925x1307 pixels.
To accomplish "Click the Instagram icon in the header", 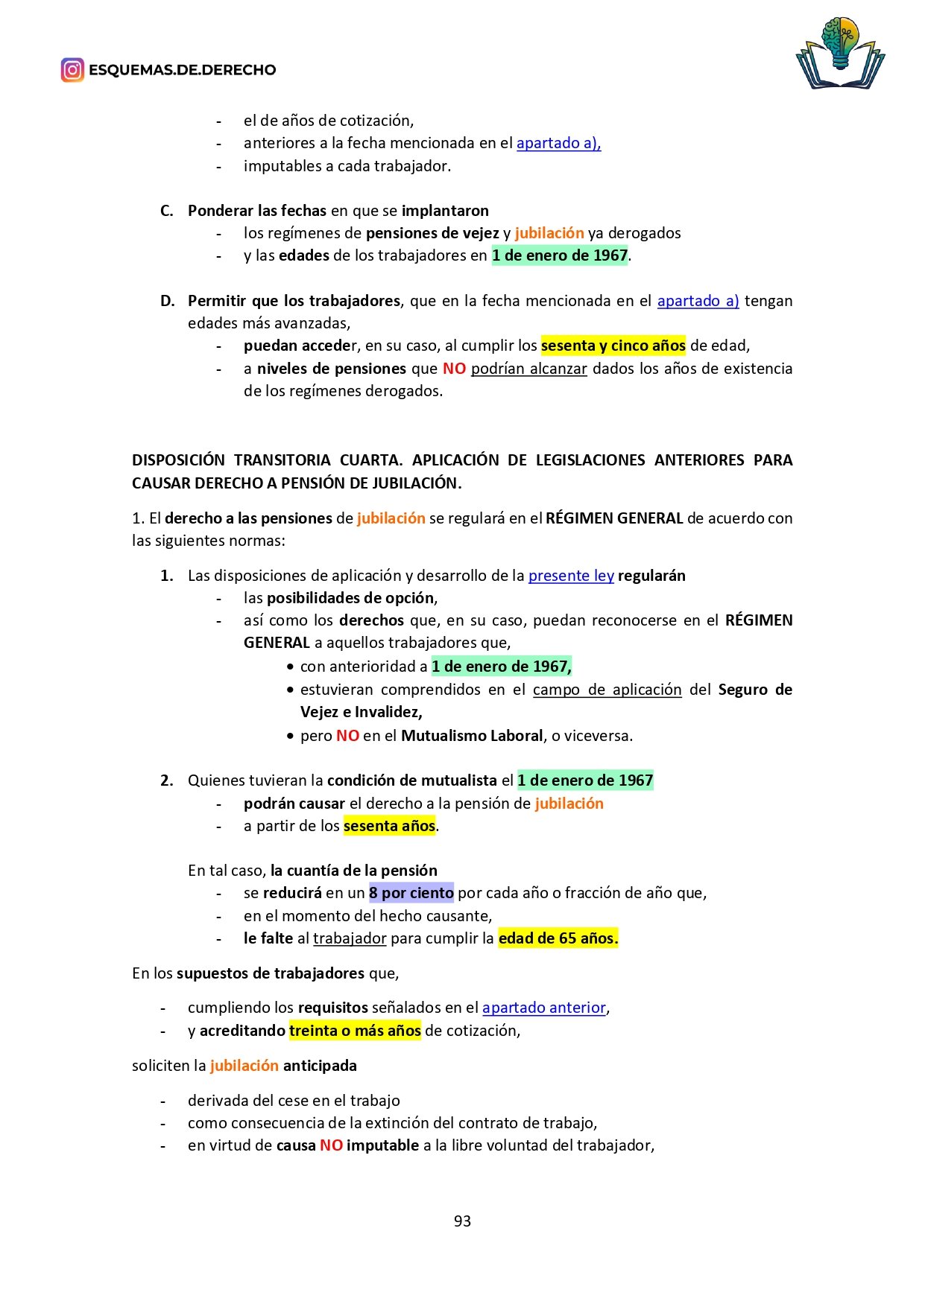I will [x=72, y=70].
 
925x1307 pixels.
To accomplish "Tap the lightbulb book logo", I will [x=840, y=53].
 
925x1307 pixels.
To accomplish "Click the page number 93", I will [x=462, y=1221].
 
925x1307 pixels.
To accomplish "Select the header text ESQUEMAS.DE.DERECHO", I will [x=182, y=70].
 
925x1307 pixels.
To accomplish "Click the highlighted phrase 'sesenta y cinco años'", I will [x=613, y=346].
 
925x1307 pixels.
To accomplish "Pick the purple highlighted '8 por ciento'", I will [x=411, y=893].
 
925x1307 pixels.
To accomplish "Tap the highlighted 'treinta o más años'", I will [x=355, y=1031].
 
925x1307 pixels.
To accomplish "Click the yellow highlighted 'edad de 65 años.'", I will [x=558, y=938].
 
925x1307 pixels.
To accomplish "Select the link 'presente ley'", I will [x=571, y=576].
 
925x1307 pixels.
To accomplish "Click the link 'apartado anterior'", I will [x=544, y=1008].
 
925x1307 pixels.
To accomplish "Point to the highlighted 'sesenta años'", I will [x=389, y=826].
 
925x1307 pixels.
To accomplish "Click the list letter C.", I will [x=166, y=211].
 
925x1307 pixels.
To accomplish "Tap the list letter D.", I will [x=167, y=301].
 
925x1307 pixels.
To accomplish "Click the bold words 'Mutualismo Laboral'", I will [x=472, y=736].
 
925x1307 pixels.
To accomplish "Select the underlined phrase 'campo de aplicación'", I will [x=607, y=690].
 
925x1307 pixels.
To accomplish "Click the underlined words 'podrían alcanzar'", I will [x=528, y=369].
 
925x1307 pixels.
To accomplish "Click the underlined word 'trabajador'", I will [x=350, y=938].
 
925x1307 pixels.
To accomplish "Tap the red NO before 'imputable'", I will [x=331, y=1145].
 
